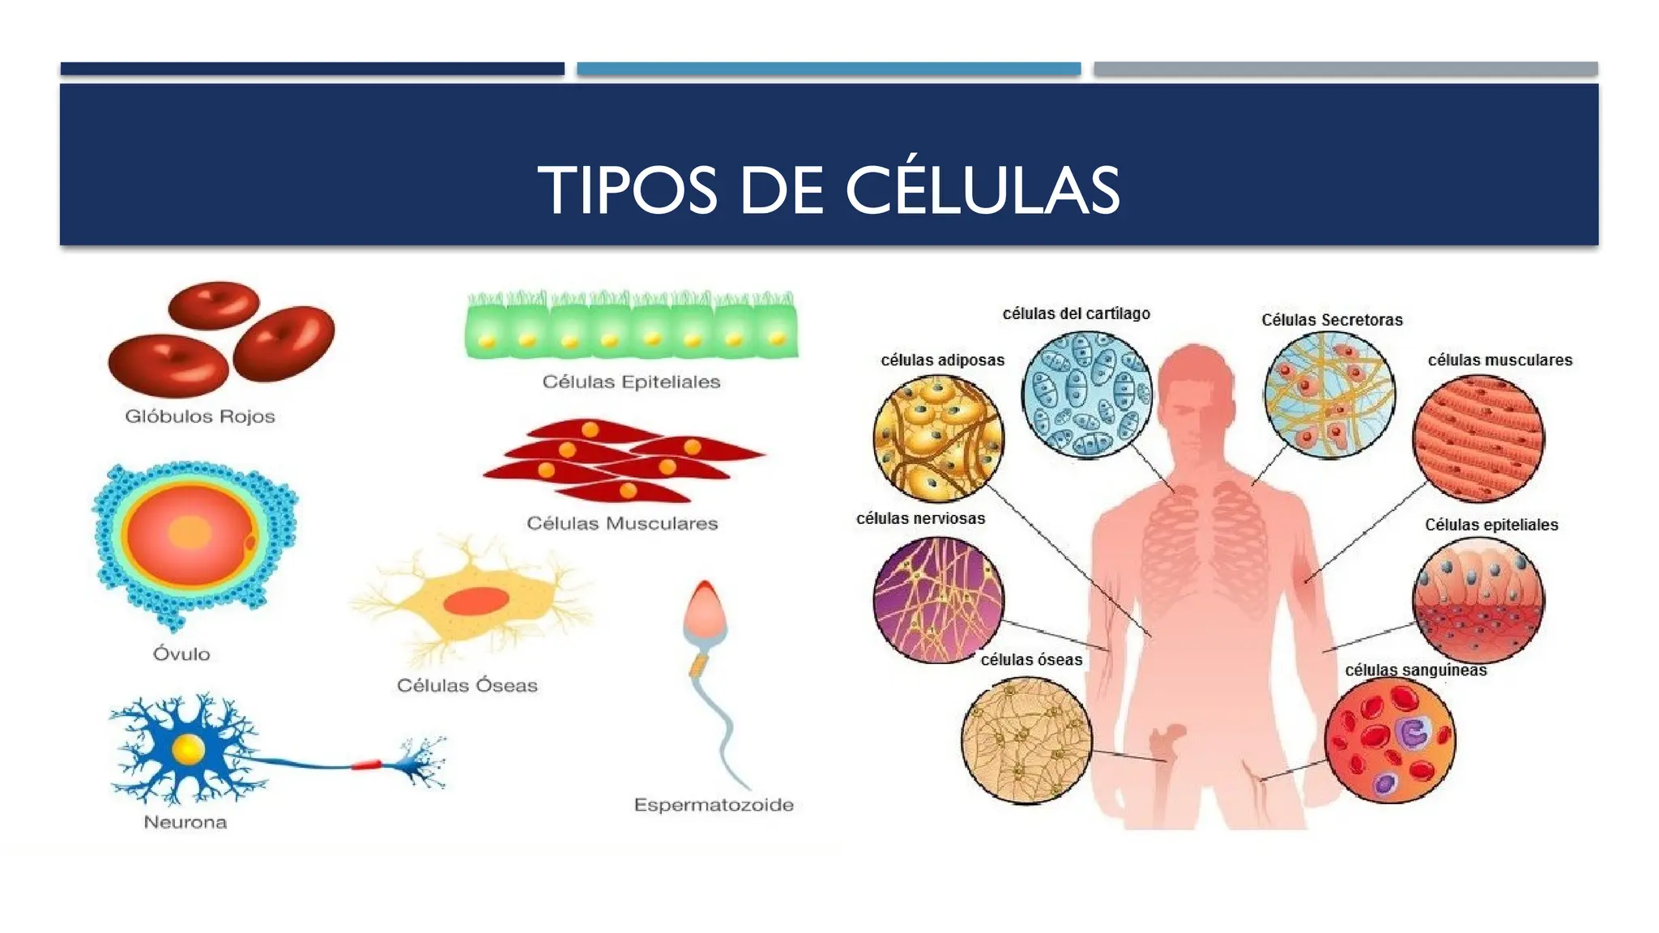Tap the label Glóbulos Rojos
click(x=199, y=416)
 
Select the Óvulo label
click(x=181, y=654)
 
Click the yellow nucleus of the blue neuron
click(x=188, y=749)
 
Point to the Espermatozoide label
click(x=713, y=805)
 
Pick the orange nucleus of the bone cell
click(x=476, y=601)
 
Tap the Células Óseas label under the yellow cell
click(x=467, y=685)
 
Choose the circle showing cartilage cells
click(x=1086, y=394)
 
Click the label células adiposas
click(x=942, y=360)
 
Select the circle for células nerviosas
click(x=938, y=599)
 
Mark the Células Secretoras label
click(x=1332, y=320)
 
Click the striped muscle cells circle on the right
click(x=1478, y=438)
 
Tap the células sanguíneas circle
click(x=1389, y=740)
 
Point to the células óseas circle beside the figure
click(x=1026, y=740)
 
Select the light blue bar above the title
click(x=829, y=69)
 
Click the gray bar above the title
click(x=1346, y=69)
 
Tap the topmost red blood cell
click(x=213, y=305)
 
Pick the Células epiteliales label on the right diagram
click(x=1491, y=525)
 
